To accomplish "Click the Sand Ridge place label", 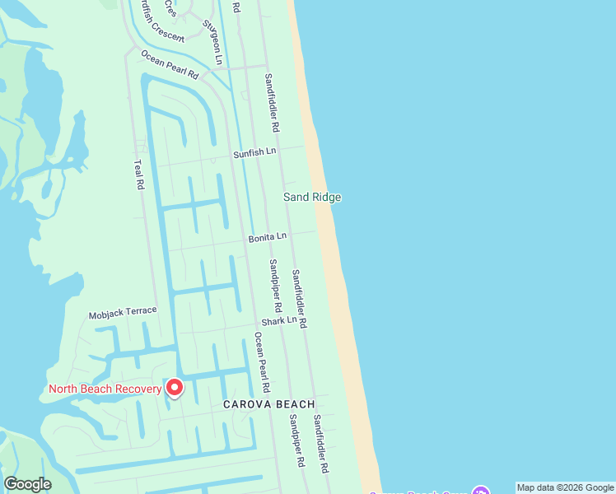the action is click(312, 197).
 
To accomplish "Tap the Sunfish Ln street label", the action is click(254, 152).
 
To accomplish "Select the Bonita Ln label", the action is click(268, 237).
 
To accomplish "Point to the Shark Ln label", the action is click(279, 320).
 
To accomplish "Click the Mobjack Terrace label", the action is click(123, 315).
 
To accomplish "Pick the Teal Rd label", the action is click(139, 175).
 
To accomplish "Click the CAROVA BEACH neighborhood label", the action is click(269, 404).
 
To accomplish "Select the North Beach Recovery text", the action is click(105, 389).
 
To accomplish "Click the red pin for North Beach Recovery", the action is click(175, 387).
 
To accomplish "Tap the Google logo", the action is click(27, 484).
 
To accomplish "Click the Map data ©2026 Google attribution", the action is click(564, 487).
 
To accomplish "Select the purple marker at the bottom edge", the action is click(481, 491).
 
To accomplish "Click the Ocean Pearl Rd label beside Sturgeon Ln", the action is click(170, 65).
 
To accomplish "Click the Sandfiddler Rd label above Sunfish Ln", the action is click(273, 103).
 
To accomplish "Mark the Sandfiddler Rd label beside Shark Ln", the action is click(299, 299).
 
